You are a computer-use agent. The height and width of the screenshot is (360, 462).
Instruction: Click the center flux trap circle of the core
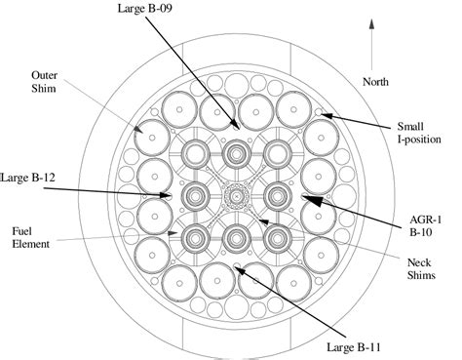pyautogui.click(x=235, y=196)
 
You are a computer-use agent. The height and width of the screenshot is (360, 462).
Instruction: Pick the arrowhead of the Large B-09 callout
pyautogui.click(x=235, y=127)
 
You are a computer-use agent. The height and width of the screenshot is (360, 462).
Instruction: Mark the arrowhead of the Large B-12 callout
pyautogui.click(x=173, y=197)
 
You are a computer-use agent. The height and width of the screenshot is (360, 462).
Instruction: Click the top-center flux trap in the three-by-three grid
pyautogui.click(x=235, y=154)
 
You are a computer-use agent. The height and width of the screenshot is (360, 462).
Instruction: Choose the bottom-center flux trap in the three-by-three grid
pyautogui.click(x=235, y=237)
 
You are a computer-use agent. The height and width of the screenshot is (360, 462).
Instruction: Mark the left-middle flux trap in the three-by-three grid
pyautogui.click(x=193, y=196)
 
